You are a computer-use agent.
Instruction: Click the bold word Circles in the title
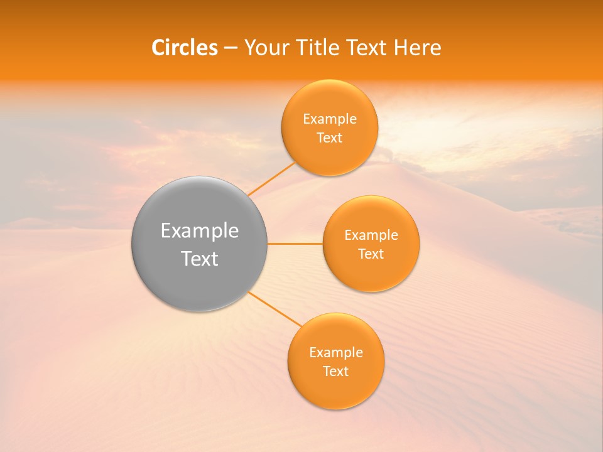click(x=185, y=48)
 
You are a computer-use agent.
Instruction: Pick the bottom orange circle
click(x=335, y=389)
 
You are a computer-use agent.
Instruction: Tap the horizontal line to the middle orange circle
click(x=295, y=244)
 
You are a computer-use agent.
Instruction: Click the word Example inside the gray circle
click(x=200, y=231)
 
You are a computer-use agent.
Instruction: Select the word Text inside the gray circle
click(x=200, y=259)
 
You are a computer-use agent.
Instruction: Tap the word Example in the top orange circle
click(x=330, y=119)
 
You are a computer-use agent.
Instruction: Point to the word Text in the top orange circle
click(x=330, y=138)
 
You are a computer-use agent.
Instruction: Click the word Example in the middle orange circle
click(x=371, y=235)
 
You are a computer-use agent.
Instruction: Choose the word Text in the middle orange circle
click(x=371, y=254)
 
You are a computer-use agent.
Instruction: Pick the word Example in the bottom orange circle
click(x=336, y=353)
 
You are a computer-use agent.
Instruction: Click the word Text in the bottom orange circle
click(x=336, y=372)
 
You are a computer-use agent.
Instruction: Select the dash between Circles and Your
click(x=231, y=48)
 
